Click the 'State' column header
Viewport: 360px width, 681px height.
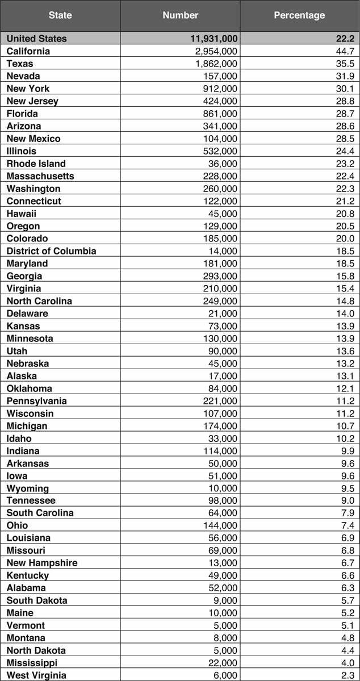(60, 15)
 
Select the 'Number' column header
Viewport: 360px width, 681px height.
(180, 15)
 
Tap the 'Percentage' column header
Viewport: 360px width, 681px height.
(299, 15)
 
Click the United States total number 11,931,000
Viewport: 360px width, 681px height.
(214, 39)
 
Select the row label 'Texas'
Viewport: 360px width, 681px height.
(20, 64)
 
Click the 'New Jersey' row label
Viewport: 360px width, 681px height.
(32, 101)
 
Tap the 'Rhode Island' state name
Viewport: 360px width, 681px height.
(36, 164)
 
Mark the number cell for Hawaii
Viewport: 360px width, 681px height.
(223, 214)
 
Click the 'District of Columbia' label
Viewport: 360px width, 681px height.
(52, 251)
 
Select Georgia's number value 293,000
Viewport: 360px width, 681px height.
(220, 276)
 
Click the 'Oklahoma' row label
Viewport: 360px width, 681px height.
(29, 388)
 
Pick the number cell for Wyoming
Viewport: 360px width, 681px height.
(223, 488)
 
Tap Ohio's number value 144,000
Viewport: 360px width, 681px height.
(220, 525)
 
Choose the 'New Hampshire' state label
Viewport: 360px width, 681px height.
(42, 563)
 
